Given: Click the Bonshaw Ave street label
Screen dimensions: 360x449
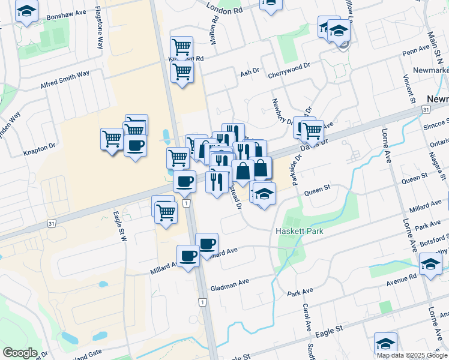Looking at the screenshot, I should click(68, 13).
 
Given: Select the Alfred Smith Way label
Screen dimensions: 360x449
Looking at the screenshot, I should click(65, 80).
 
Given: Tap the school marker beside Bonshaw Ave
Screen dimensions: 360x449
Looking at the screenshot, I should click(26, 11).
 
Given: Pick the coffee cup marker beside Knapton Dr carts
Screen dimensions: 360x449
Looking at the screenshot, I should click(136, 145).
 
